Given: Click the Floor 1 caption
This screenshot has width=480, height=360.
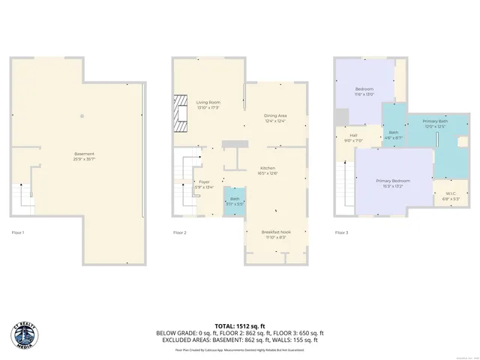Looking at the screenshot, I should point(18,232).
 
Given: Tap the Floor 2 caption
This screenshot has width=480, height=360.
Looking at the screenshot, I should point(180,232).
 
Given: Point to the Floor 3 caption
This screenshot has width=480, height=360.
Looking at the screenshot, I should point(341,232).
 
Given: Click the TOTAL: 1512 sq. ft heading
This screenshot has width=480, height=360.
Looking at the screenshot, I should point(240,325).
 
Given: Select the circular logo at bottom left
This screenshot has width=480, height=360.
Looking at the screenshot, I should point(25,334).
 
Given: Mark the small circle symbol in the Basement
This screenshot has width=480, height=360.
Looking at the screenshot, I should point(82,115).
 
